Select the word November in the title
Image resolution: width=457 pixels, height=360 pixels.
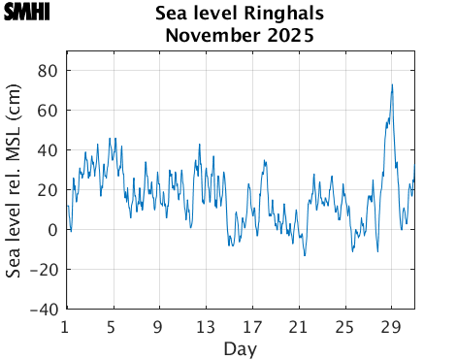pyautogui.click(x=211, y=37)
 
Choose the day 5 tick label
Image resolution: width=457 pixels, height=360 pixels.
pyautogui.click(x=113, y=326)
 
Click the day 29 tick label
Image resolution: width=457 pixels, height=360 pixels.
pyautogui.click(x=392, y=326)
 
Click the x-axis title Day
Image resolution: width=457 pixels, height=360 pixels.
pyautogui.click(x=240, y=347)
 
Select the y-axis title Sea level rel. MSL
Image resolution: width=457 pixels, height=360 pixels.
pyautogui.click(x=15, y=189)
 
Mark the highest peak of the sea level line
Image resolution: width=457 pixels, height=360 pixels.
pyautogui.click(x=392, y=84)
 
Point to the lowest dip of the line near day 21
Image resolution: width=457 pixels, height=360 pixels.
pyautogui.click(x=305, y=255)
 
